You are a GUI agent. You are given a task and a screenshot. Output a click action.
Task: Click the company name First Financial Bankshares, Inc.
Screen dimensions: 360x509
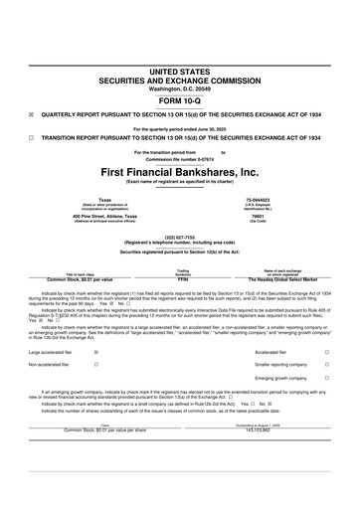180,171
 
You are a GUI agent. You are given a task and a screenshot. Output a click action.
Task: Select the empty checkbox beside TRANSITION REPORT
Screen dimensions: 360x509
31,137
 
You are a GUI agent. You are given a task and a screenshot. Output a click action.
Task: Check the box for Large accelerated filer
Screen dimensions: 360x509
95,352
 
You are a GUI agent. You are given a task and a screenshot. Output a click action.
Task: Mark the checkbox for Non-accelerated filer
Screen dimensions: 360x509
95,365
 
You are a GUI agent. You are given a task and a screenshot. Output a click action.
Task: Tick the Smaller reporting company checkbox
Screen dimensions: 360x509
327,365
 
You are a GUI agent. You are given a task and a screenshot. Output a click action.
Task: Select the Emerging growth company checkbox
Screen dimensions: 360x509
327,379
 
